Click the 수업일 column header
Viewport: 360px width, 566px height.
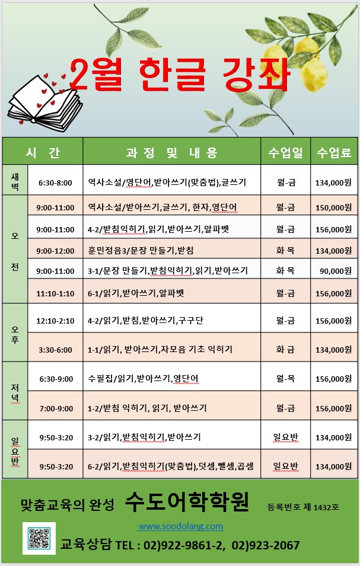pyautogui.click(x=286, y=152)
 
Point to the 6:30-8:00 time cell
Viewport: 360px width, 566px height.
pyautogui.click(x=55, y=183)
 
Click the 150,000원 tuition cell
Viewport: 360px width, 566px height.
pyautogui.click(x=334, y=207)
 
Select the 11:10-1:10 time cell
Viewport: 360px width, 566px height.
pyautogui.click(x=55, y=293)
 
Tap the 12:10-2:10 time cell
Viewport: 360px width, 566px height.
pyautogui.click(x=55, y=321)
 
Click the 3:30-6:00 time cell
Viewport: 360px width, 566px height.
pyautogui.click(x=55, y=350)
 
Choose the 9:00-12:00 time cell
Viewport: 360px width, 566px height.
pyautogui.click(x=55, y=250)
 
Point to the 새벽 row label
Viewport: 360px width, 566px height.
pyautogui.click(x=15, y=182)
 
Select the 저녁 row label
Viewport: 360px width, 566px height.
pyautogui.click(x=15, y=392)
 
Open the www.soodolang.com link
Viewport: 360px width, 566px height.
pyautogui.click(x=180, y=526)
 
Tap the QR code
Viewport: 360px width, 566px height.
pyautogui.click(x=39, y=538)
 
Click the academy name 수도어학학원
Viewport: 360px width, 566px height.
pyautogui.click(x=187, y=503)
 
